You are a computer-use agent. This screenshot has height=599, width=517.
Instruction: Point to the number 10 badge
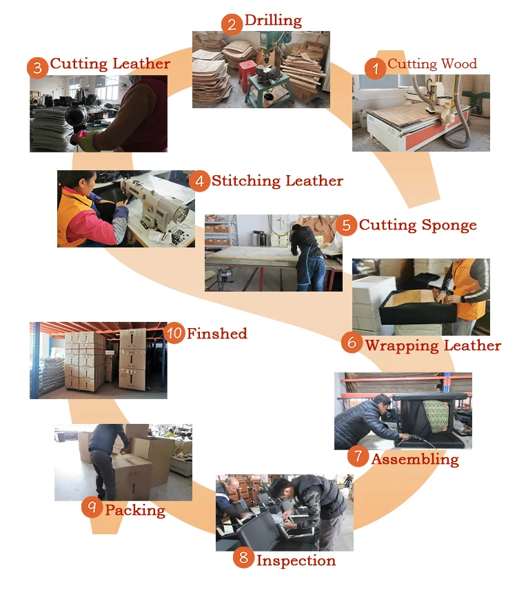point(174,334)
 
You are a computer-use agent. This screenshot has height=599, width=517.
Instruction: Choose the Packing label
point(135,510)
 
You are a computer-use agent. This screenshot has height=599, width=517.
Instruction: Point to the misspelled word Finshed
point(216,334)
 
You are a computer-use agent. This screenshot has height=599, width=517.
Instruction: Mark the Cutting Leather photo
point(98,113)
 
